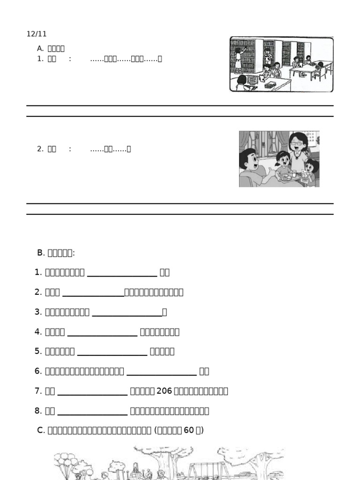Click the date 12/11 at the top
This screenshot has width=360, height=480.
[x=37, y=34]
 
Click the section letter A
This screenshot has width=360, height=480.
[x=40, y=48]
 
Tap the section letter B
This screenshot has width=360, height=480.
[x=40, y=253]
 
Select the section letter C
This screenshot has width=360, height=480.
[x=40, y=430]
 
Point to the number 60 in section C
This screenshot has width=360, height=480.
[x=189, y=430]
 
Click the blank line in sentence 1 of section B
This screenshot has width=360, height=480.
[x=122, y=272]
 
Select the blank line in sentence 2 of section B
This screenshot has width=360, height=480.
[x=93, y=292]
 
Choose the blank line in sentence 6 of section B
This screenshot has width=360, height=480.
[x=161, y=372]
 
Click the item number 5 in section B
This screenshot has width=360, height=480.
[x=38, y=352]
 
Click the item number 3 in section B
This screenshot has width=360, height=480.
[x=38, y=312]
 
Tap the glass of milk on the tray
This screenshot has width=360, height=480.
[x=294, y=174]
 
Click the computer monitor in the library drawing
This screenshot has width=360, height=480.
[x=251, y=80]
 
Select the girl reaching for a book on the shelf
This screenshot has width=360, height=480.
[x=238, y=59]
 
